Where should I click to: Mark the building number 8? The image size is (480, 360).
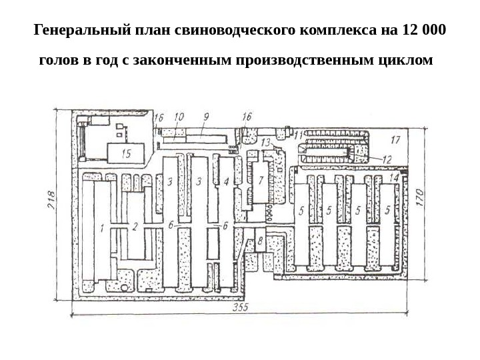[x=261, y=241]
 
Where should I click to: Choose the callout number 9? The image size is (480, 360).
[x=206, y=117]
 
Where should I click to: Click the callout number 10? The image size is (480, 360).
[x=179, y=117]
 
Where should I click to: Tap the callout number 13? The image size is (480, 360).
[x=265, y=143]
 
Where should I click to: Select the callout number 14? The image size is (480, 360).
[x=394, y=178]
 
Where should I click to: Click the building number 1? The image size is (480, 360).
[x=101, y=227]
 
